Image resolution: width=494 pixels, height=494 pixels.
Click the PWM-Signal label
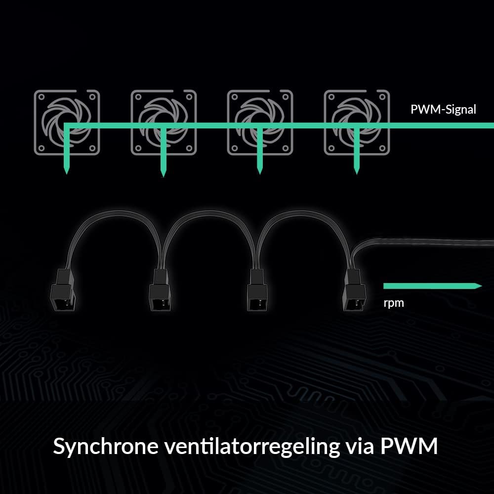443,110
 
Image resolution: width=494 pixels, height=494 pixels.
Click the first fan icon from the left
67,122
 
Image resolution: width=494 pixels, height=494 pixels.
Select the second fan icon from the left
164,122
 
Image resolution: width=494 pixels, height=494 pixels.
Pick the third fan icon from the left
260,122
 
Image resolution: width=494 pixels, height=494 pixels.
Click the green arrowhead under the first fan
66,171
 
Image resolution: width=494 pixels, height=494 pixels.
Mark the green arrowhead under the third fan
259,171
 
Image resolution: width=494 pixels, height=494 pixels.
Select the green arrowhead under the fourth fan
356,171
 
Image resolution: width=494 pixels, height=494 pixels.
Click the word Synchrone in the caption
106,447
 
